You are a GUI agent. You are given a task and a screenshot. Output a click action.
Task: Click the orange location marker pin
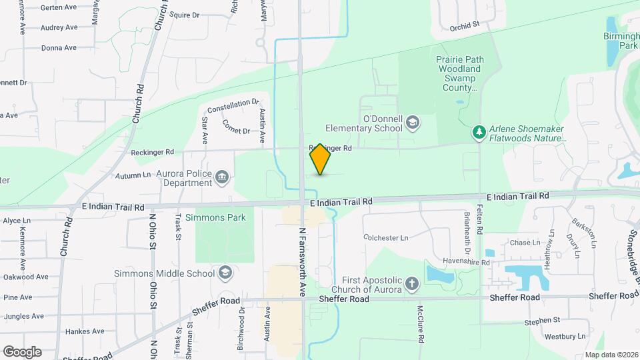pyautogui.click(x=320, y=159)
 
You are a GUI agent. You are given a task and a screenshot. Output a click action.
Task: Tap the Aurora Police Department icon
pyautogui.click(x=222, y=177)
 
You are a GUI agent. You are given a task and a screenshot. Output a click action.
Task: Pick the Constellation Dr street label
pyautogui.click(x=233, y=107)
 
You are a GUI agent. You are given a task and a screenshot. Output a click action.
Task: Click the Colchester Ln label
pyautogui.click(x=385, y=237)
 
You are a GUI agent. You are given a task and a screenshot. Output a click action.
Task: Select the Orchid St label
pyautogui.click(x=465, y=26)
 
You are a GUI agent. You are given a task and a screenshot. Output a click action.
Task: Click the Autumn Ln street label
pyautogui.click(x=133, y=175)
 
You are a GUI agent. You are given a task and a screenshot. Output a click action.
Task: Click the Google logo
pyautogui.click(x=22, y=352)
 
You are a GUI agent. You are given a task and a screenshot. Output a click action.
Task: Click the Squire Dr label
pyautogui.click(x=185, y=15)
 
